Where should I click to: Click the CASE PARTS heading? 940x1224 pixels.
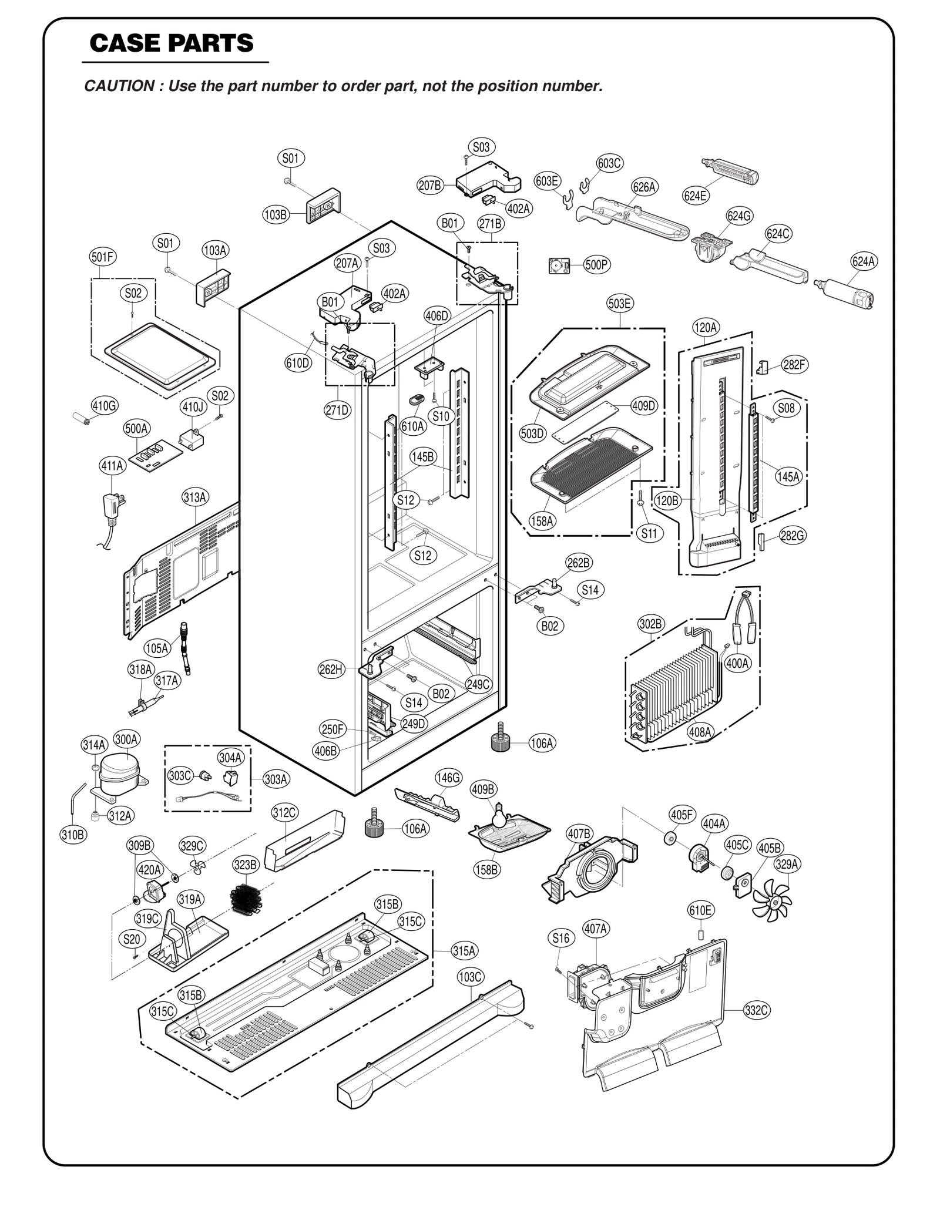pos(172,43)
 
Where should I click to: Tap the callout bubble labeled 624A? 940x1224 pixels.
pos(864,261)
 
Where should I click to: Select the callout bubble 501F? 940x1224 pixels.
pos(103,257)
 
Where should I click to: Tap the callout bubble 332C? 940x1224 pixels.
pos(756,1010)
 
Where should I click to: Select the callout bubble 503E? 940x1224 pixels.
pos(620,304)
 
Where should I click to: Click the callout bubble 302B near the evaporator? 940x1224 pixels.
pos(650,624)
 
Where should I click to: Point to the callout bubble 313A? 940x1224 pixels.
pos(194,497)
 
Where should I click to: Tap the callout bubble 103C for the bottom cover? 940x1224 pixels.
pos(470,977)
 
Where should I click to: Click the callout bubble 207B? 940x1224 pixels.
pos(429,186)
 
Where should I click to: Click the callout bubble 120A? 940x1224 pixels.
pos(705,327)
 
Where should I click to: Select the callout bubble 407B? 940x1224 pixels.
pos(579,833)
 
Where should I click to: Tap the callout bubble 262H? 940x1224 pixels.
pos(331,669)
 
